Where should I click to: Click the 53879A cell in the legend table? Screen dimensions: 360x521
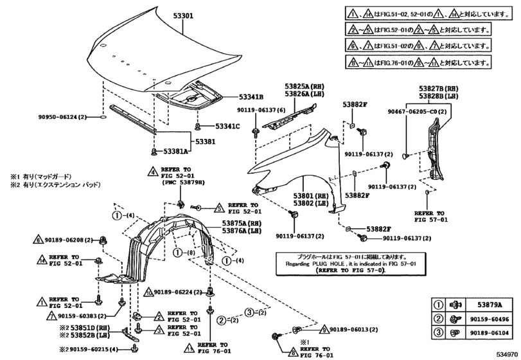click(x=490, y=305)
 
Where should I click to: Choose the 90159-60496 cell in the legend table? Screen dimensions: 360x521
click(x=490, y=319)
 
